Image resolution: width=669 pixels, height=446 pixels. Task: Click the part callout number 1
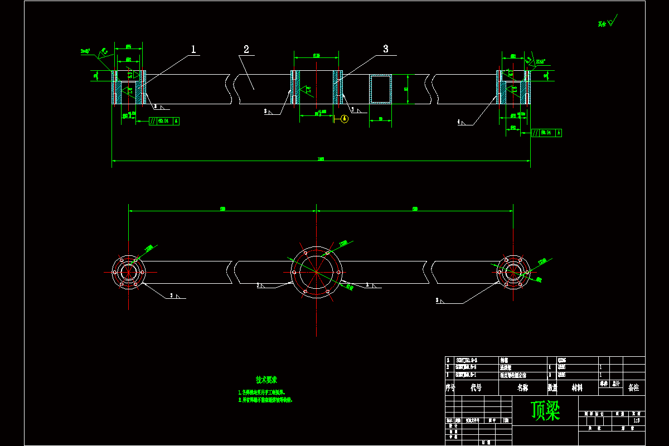click(193, 50)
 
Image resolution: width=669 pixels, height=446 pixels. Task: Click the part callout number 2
click(246, 50)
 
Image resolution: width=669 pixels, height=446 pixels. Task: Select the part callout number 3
click(385, 49)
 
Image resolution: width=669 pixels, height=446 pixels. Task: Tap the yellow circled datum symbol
click(344, 118)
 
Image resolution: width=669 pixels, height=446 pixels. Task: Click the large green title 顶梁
click(545, 411)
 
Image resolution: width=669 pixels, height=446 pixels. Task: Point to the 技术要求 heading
click(266, 380)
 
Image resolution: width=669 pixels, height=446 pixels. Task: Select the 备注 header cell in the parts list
click(633, 387)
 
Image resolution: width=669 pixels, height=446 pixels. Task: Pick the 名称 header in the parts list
click(522, 387)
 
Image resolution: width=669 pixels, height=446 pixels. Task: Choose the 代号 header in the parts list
click(476, 387)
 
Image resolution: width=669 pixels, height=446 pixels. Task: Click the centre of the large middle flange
click(316, 272)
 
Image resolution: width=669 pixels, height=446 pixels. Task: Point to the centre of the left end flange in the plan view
click(128, 272)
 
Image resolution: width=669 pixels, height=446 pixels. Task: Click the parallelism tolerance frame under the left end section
click(164, 120)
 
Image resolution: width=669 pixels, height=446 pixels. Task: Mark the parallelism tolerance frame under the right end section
click(546, 133)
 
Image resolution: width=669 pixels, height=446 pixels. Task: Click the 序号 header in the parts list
click(450, 387)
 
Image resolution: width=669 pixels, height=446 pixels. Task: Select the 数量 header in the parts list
click(552, 387)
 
